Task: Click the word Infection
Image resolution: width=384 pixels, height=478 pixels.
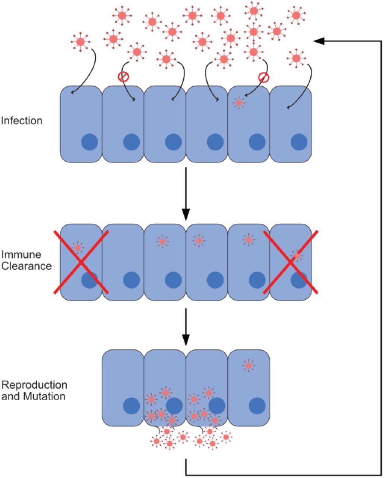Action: point(22,121)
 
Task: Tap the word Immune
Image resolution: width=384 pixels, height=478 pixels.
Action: point(21,255)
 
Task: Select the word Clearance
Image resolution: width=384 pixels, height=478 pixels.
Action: point(26,266)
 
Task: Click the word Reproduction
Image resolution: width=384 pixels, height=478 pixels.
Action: point(34,385)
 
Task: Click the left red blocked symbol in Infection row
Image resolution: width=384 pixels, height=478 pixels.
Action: point(123,77)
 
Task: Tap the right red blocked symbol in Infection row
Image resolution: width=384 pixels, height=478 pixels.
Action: point(264,77)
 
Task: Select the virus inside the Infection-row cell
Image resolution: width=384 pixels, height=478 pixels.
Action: point(239,102)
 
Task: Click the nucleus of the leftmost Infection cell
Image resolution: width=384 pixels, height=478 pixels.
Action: point(90,142)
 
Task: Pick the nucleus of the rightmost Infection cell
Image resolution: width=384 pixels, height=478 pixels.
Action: point(299,142)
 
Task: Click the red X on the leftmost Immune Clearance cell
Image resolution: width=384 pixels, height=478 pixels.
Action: point(81,262)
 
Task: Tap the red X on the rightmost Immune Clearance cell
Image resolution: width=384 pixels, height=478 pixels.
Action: point(291,262)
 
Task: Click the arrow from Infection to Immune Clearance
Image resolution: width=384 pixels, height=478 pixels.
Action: point(186,194)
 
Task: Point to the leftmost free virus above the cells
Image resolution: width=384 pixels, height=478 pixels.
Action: point(81,42)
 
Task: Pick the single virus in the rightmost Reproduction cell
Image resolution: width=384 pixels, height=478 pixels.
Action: point(248,365)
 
